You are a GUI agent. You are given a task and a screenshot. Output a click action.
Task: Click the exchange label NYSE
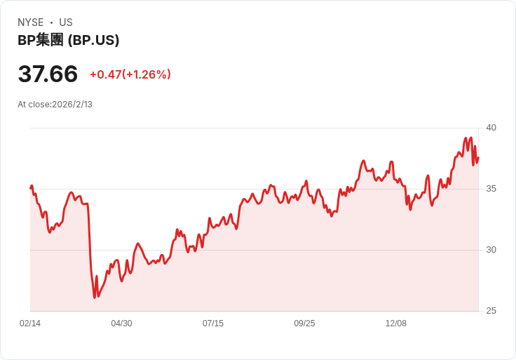point(32,22)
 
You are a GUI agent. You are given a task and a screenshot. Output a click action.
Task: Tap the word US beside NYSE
point(66,22)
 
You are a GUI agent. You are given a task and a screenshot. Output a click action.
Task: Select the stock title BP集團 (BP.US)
point(68,40)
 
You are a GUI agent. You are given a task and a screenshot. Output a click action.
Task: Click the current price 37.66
point(48,74)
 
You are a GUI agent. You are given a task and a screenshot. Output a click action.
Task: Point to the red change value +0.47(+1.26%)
point(130,74)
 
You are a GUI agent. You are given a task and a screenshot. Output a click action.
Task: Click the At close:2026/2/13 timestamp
point(55,105)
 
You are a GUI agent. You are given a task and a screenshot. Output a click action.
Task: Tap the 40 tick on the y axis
point(491,128)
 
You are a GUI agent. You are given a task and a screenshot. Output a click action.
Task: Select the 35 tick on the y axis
point(491,189)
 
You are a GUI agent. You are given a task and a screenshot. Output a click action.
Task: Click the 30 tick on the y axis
point(491,250)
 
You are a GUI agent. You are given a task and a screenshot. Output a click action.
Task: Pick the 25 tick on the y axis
point(491,311)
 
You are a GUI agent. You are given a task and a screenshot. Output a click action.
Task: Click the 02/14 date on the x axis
point(30,324)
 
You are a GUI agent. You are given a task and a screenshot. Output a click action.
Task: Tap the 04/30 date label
point(121,324)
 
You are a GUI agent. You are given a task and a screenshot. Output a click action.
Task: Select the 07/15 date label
point(213,324)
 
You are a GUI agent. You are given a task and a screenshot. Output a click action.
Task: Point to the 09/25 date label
point(304,324)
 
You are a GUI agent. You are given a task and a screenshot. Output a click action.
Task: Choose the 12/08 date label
point(396,324)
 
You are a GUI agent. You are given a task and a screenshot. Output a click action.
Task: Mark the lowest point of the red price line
point(95,298)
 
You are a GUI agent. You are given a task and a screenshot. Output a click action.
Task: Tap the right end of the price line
point(478,157)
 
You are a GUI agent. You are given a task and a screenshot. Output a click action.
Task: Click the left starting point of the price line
point(30,187)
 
